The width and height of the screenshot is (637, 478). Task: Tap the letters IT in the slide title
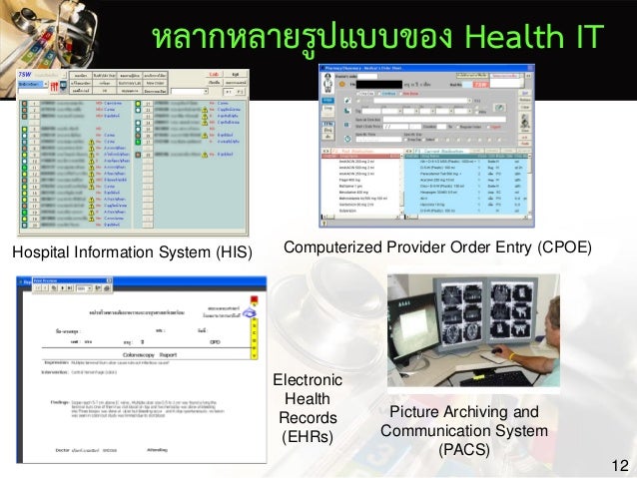[584, 36]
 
